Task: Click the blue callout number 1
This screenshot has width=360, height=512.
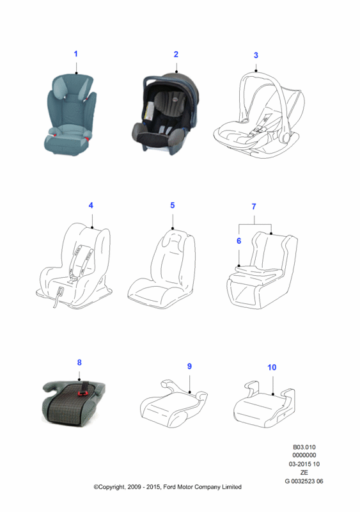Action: [x=75, y=54]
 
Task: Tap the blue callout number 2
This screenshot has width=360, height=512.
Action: [x=176, y=54]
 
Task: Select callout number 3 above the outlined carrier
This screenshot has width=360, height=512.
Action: [x=256, y=55]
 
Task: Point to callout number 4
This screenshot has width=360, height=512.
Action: [x=91, y=205]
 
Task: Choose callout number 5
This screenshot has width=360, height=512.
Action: [x=173, y=205]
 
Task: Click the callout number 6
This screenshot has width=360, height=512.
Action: [x=239, y=241]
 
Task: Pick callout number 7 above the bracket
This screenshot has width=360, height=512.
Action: [x=254, y=206]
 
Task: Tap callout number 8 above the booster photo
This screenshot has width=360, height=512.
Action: [x=79, y=362]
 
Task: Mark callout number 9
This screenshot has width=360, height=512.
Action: [x=189, y=366]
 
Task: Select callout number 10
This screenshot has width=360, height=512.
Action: [x=272, y=367]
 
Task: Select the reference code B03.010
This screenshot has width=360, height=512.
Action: [x=304, y=447]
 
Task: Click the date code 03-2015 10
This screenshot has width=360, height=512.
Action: [x=304, y=464]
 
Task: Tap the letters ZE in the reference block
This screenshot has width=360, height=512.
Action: [x=304, y=472]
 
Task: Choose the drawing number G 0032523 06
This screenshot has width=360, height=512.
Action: [x=304, y=481]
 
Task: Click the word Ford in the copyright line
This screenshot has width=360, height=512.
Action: [x=169, y=487]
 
